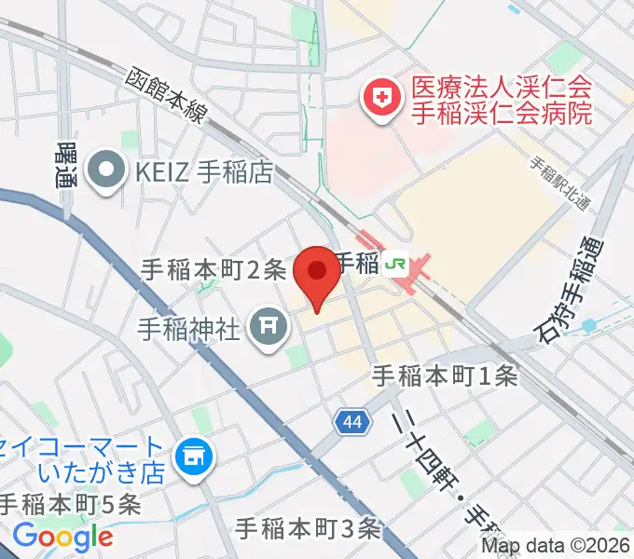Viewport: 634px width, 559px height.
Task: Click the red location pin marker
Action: click(x=317, y=274)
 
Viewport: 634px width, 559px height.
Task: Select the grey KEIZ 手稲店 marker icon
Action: click(x=104, y=170)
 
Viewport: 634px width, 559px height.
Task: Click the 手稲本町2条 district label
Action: click(x=213, y=270)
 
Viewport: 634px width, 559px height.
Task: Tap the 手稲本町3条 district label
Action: click(x=309, y=528)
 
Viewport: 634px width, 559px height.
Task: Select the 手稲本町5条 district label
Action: click(x=69, y=504)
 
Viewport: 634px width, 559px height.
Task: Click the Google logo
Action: click(x=62, y=537)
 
